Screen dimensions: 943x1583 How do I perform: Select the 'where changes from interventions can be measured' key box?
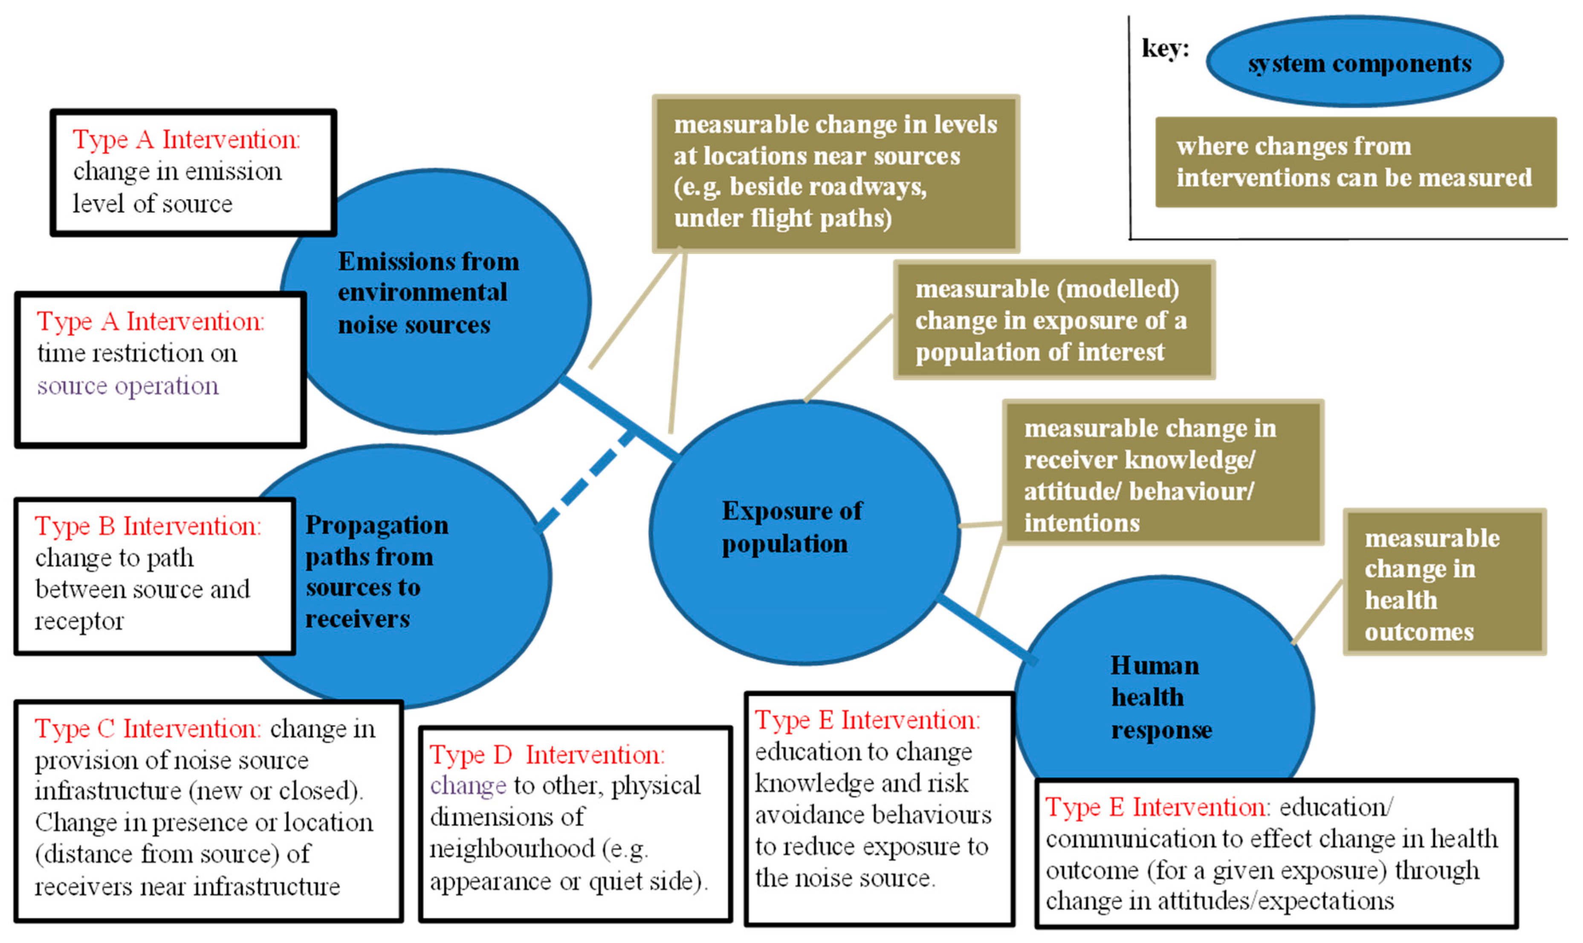click(x=1355, y=162)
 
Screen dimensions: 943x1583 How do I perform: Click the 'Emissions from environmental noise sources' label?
click(x=428, y=293)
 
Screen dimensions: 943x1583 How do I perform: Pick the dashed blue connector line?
click(x=586, y=480)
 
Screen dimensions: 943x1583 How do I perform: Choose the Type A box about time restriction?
click(x=160, y=369)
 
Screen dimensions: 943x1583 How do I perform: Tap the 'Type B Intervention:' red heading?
click(x=148, y=526)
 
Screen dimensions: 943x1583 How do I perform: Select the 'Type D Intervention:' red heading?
click(x=547, y=755)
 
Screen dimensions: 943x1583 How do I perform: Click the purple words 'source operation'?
click(x=127, y=386)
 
